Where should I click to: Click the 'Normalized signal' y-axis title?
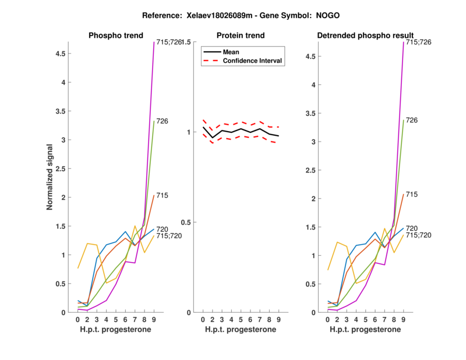50,177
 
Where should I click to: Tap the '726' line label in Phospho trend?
163,121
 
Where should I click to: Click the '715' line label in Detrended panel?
412,194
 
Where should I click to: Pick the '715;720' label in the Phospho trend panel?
168,236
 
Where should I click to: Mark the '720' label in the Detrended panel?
412,228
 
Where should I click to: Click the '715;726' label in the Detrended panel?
418,43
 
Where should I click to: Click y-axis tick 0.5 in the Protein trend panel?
188,222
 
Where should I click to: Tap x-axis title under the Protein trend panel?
241,330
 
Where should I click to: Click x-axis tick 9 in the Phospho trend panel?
154,320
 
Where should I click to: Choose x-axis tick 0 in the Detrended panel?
328,320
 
